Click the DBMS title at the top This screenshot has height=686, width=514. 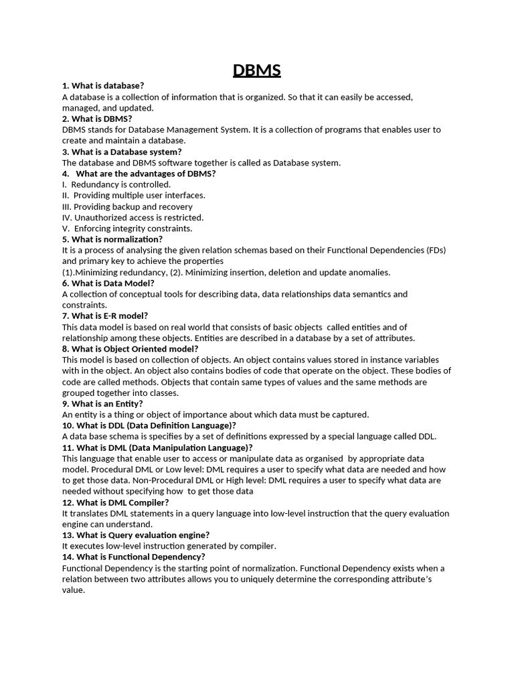(x=257, y=70)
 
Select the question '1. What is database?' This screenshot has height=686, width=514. (x=103, y=86)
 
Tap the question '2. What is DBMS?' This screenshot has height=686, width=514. (x=97, y=119)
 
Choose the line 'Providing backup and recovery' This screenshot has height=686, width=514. (x=133, y=206)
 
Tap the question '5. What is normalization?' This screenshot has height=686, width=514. (x=112, y=239)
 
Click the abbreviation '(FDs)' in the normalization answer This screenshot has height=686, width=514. (x=436, y=250)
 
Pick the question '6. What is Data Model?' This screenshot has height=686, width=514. (x=108, y=283)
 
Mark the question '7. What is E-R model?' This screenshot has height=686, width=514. (x=105, y=316)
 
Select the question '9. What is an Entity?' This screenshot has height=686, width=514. (x=102, y=403)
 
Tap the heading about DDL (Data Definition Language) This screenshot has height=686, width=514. (x=149, y=425)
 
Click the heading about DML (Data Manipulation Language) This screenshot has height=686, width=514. (x=157, y=448)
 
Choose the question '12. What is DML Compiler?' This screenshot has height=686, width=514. (x=115, y=502)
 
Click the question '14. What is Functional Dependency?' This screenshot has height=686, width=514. (x=133, y=557)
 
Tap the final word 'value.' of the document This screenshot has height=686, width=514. (x=74, y=590)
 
